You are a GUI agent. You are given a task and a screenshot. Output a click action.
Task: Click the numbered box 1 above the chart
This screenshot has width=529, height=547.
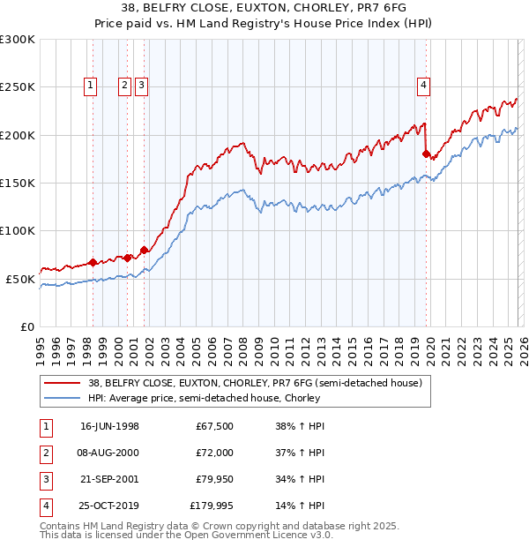click(92, 86)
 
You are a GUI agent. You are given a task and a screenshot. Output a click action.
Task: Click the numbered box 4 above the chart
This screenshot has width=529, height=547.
click(424, 86)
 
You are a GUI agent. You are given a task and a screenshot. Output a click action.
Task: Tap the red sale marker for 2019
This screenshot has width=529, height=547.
click(426, 154)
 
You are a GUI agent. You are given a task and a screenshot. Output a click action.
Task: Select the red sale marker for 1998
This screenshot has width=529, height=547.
click(93, 262)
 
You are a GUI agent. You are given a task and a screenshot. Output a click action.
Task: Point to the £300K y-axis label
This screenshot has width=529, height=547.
click(18, 40)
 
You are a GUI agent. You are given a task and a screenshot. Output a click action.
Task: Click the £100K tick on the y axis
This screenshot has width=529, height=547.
click(18, 230)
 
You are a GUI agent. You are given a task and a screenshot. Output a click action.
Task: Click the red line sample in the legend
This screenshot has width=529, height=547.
click(63, 384)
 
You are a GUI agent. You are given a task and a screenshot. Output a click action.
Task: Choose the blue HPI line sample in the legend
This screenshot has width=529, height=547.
click(63, 398)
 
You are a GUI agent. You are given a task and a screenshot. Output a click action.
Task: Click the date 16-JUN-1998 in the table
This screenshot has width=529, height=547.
click(109, 426)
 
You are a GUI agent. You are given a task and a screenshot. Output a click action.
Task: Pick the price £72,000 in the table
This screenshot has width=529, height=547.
click(214, 453)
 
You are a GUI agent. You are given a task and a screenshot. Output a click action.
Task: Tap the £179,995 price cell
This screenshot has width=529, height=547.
click(212, 506)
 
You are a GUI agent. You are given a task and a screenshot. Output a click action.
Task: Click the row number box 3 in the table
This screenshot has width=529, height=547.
click(45, 479)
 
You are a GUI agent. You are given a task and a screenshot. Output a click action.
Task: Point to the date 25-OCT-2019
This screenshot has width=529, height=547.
click(109, 506)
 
